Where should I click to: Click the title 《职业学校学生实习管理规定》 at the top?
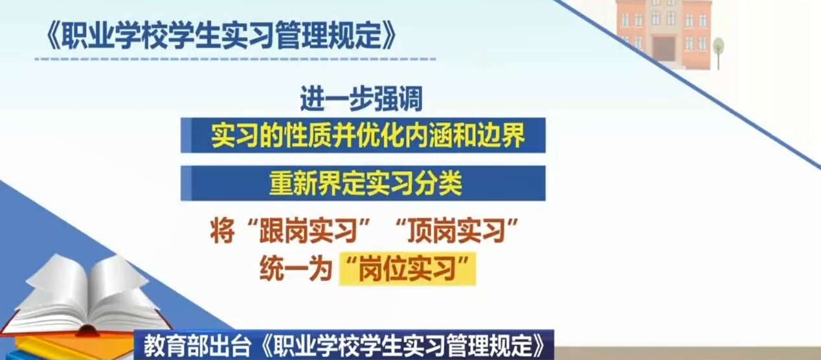tap(221, 35)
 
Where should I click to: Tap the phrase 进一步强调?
tap(361, 98)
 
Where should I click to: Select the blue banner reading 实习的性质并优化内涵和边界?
tap(363, 135)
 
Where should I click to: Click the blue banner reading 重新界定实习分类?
tap(363, 183)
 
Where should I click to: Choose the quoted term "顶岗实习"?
tap(457, 231)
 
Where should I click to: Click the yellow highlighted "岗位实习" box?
tap(407, 269)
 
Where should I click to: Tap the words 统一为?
tap(296, 269)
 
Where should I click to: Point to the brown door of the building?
tap(664, 49)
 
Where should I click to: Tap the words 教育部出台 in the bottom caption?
tap(197, 345)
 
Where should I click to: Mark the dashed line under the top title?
tap(235, 59)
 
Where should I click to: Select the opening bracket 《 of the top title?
tap(53, 36)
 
